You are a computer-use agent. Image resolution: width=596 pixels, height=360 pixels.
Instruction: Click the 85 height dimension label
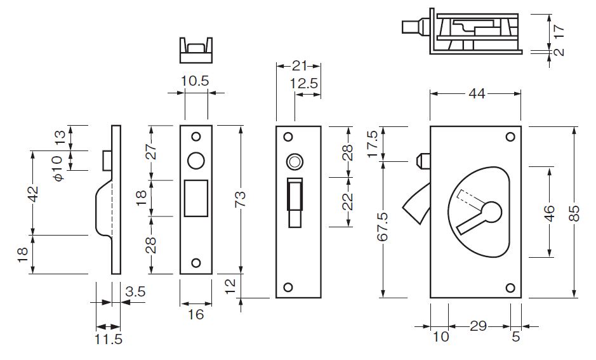point(574,213)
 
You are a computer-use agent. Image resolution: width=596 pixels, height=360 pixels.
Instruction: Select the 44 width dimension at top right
point(477,93)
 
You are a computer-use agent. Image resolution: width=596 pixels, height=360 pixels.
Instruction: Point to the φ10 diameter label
point(57,168)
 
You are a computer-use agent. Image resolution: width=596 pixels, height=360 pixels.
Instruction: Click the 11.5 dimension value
point(109,339)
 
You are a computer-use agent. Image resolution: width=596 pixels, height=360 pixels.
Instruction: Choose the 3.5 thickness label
point(135,291)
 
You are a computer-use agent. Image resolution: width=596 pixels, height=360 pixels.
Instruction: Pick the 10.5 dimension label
point(195,81)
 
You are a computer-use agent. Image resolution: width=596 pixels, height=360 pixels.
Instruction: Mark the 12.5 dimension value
point(304,83)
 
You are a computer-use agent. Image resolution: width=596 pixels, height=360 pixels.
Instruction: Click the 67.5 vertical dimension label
point(383,227)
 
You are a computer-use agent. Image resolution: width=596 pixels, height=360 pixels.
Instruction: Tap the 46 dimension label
point(550,213)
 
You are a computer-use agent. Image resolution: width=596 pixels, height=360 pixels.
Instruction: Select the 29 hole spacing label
point(478,326)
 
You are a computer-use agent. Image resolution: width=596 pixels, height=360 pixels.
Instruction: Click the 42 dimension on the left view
point(34,194)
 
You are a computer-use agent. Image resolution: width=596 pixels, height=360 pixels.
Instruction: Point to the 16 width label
point(195,314)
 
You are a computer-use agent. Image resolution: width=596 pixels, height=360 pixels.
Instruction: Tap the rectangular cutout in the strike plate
point(196,198)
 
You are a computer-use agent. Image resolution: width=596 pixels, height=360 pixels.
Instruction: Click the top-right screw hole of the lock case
point(510,137)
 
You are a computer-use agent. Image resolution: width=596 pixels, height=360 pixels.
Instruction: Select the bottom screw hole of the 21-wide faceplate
point(288,287)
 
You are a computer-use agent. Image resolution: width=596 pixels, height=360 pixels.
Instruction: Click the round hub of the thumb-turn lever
point(491,211)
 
